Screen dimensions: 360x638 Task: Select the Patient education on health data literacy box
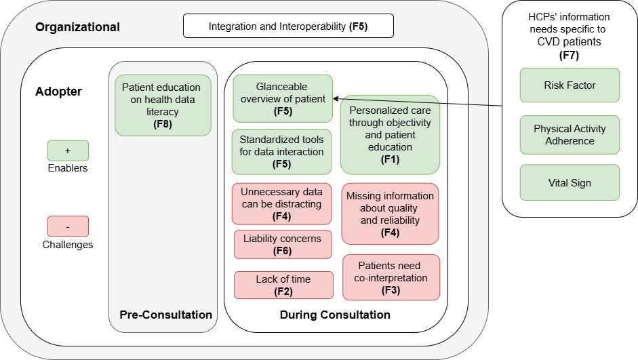(x=163, y=105)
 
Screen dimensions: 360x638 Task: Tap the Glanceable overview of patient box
(x=282, y=98)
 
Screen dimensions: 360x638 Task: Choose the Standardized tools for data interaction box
(x=281, y=152)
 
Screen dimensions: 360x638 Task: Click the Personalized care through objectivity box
(x=390, y=135)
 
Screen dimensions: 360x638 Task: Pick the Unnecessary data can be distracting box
(x=281, y=203)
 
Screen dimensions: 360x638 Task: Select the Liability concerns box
(x=282, y=245)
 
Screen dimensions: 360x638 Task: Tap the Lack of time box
(x=283, y=285)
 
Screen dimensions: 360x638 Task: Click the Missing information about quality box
(x=390, y=214)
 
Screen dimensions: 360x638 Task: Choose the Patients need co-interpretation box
(x=391, y=277)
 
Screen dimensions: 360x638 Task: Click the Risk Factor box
(x=570, y=85)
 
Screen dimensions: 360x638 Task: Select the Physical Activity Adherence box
(x=570, y=135)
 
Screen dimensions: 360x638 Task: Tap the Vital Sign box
(x=570, y=182)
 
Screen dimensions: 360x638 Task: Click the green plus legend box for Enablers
(x=68, y=151)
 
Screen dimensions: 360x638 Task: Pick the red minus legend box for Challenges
(x=68, y=226)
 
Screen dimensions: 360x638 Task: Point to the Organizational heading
(x=77, y=28)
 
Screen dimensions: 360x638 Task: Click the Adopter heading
(x=58, y=92)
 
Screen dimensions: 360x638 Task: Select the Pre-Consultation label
(x=165, y=315)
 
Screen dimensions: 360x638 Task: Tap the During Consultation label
(x=335, y=315)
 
